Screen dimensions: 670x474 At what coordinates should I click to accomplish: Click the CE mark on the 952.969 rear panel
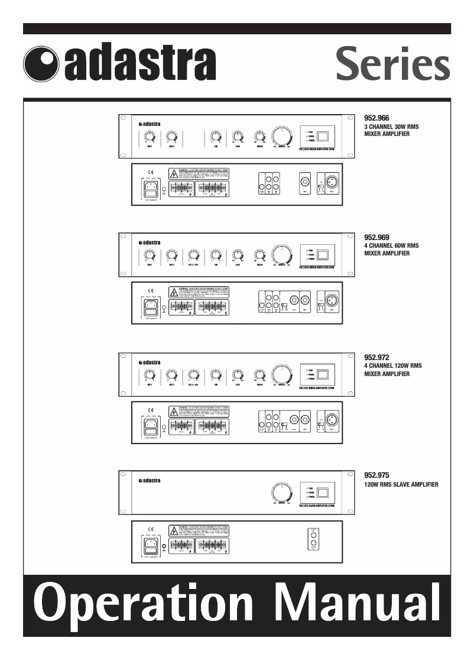click(x=151, y=291)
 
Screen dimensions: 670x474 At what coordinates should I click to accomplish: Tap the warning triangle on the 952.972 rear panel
click(x=174, y=410)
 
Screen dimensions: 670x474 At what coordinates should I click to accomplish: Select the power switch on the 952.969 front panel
click(x=323, y=256)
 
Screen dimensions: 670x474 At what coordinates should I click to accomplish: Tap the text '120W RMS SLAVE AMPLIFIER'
click(x=401, y=485)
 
